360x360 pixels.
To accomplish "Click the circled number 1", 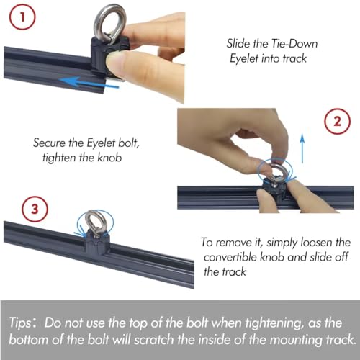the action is coord(22,17).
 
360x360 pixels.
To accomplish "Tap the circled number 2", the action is coord(337,122).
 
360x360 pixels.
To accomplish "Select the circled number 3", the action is coord(35,209).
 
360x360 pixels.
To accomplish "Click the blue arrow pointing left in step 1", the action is coord(89,82).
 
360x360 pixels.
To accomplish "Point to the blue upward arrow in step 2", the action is coord(302,149).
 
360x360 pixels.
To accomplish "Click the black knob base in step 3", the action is coord(97,243).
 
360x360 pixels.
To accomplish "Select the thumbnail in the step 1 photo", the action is coord(114,63).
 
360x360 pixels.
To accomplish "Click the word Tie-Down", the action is coord(294,44).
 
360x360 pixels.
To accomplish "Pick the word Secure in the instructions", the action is coord(49,143).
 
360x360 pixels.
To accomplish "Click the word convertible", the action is coord(230,257).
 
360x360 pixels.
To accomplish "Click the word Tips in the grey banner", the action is coord(20,323).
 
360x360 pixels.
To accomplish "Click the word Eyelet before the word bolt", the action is coord(100,143).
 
